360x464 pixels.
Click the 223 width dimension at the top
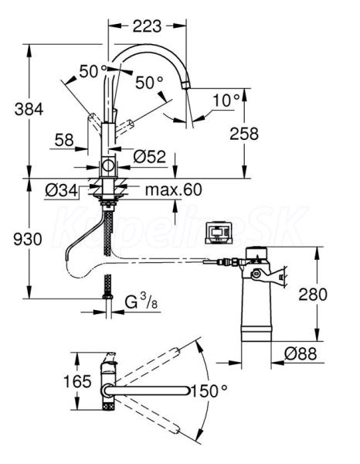pos(147,26)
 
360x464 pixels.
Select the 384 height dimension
pos(29,109)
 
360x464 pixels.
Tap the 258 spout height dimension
pos(244,133)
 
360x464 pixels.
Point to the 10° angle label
pos(226,100)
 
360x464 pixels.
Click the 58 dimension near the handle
pos(64,139)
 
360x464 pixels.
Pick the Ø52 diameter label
pos(150,156)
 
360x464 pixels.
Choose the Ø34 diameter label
pos(61,190)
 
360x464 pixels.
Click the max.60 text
pos(174,189)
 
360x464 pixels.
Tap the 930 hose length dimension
pos(28,239)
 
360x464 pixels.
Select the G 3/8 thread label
pos(141,302)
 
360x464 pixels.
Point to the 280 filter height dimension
pos(313,294)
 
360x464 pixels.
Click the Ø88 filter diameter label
pos(301,353)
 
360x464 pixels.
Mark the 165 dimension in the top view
pos(77,381)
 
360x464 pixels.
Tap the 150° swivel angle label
pos(209,391)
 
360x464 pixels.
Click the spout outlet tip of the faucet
pos(186,85)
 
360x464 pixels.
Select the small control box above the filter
pos(220,233)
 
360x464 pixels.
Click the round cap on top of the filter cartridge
pos(256,252)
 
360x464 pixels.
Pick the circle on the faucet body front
pos(108,165)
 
